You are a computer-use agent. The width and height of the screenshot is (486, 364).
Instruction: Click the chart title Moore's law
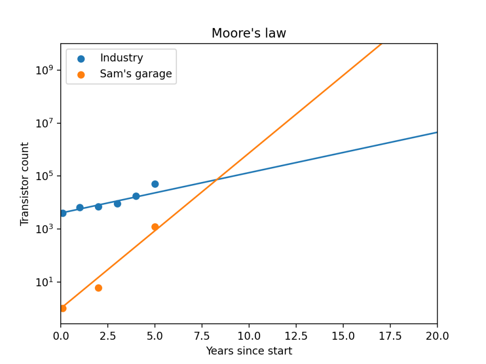tap(249, 34)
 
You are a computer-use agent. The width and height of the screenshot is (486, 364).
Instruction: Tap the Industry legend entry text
tap(121, 58)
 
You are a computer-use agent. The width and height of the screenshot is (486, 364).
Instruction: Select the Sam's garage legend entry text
tap(136, 74)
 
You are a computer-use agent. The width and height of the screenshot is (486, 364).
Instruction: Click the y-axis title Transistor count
tap(25, 184)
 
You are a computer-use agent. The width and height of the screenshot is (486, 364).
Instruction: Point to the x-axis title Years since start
tap(249, 351)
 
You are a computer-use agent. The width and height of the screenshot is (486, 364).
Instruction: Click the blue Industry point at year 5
tap(155, 184)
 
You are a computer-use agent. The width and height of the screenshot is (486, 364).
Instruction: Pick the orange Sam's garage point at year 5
tap(155, 227)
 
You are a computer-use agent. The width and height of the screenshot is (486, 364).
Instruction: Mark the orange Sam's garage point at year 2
tap(98, 288)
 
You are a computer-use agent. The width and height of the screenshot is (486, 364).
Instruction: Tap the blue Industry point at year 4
tap(136, 196)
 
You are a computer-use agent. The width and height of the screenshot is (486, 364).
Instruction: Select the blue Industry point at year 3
tap(117, 204)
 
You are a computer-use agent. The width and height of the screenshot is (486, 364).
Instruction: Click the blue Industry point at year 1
tap(80, 208)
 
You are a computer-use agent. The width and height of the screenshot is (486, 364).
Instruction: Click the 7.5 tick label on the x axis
tap(202, 336)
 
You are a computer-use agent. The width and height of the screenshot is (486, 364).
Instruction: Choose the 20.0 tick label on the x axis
tap(437, 336)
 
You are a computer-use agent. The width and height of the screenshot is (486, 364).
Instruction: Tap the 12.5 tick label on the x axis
tap(296, 336)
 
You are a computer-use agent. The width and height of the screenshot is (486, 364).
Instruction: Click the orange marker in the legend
tap(81, 75)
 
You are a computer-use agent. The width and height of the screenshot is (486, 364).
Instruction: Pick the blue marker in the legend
tap(81, 59)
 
